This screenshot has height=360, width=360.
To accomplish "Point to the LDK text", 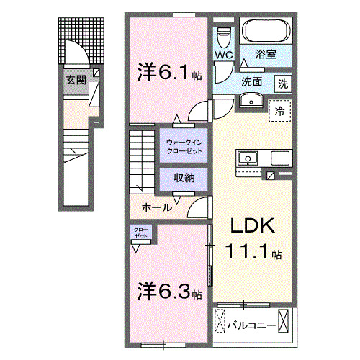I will (x=252, y=226).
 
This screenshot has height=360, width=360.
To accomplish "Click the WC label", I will (x=222, y=54).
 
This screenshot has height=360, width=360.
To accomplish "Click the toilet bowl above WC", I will (x=222, y=33).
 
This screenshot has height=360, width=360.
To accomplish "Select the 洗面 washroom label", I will (x=251, y=82).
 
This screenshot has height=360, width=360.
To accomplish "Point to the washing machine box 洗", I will (x=284, y=82).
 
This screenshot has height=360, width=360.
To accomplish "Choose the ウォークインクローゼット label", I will (x=184, y=146).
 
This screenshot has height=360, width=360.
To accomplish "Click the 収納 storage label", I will (x=184, y=177).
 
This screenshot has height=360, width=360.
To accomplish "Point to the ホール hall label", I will (x=157, y=207).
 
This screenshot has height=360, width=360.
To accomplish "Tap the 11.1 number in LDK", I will (x=252, y=253).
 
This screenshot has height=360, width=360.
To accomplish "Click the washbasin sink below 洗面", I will (x=251, y=100).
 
